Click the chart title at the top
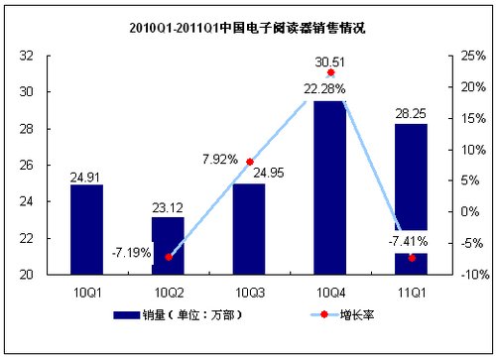coord(247,28)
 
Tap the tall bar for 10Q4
coord(329,188)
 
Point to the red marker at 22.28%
coord(330,73)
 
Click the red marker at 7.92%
coord(249,162)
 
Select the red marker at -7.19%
coord(168,257)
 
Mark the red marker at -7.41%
coord(412,258)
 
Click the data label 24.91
coord(86,178)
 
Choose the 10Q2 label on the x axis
coord(168,292)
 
